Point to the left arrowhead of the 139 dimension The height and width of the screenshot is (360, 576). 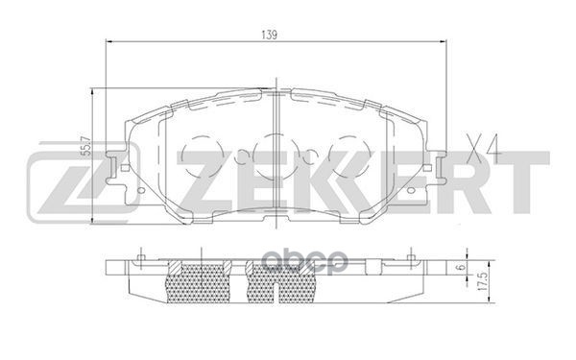(106, 42)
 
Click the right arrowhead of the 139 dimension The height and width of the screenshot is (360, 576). (443, 42)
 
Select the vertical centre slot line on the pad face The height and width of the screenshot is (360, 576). (276, 144)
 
